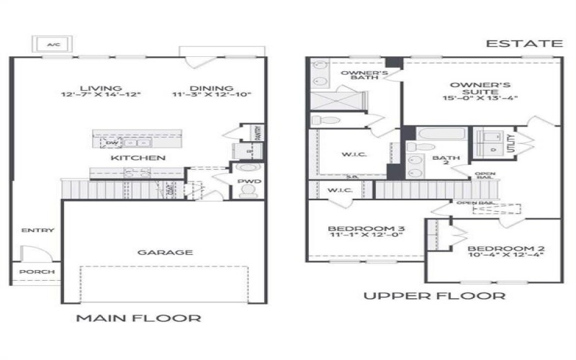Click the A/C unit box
(52, 45)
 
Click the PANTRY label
(257, 133)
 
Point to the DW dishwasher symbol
(112, 143)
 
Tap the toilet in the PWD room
(248, 191)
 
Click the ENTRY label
(37, 230)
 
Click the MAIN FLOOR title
(138, 318)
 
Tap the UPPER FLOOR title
(434, 296)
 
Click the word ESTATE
(523, 44)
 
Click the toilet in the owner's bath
(322, 120)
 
